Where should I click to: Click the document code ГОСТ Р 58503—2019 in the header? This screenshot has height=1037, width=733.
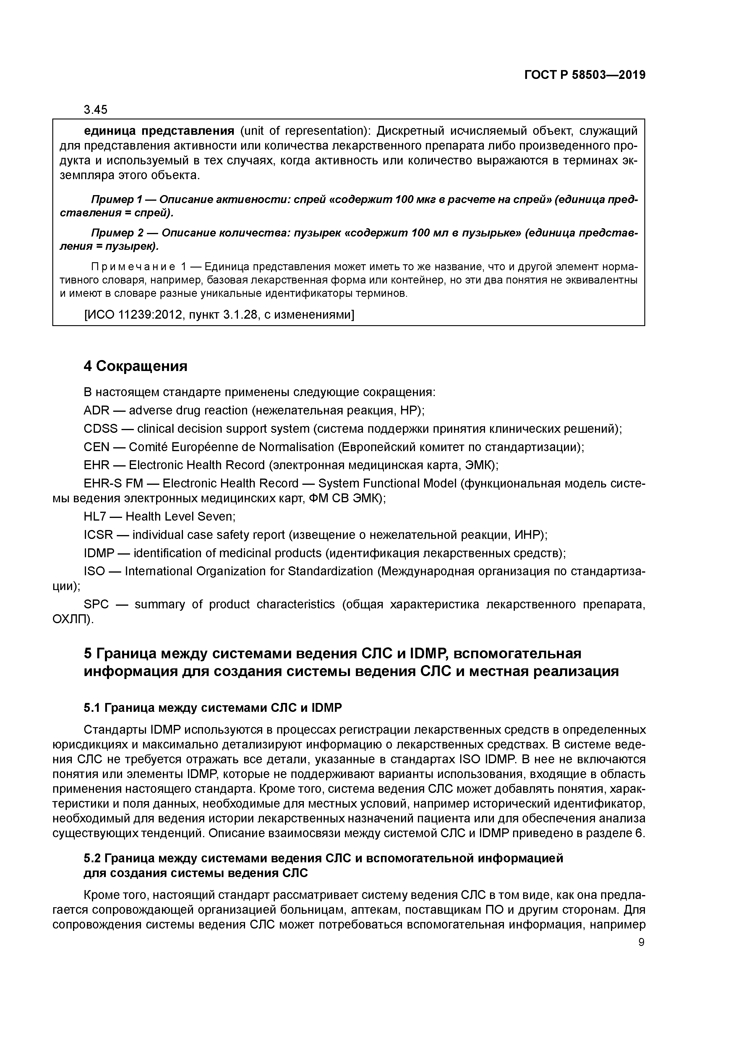[585, 75]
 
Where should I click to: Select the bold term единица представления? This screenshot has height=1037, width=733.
[159, 131]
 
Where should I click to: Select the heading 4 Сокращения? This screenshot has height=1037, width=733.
[135, 366]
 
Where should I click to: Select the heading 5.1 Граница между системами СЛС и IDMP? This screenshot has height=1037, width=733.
[213, 707]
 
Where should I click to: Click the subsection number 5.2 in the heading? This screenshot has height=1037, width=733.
[92, 858]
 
